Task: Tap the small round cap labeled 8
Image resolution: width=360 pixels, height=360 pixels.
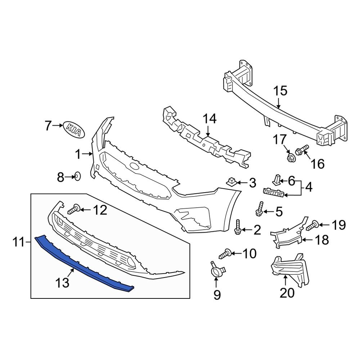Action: coord(77,176)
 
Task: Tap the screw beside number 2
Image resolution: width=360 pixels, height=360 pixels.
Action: coord(238,227)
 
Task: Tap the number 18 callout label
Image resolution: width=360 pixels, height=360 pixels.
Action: coord(322,240)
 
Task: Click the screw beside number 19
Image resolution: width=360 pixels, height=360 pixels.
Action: coord(312,226)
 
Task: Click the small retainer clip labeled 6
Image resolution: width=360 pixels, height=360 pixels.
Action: coord(276,179)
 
